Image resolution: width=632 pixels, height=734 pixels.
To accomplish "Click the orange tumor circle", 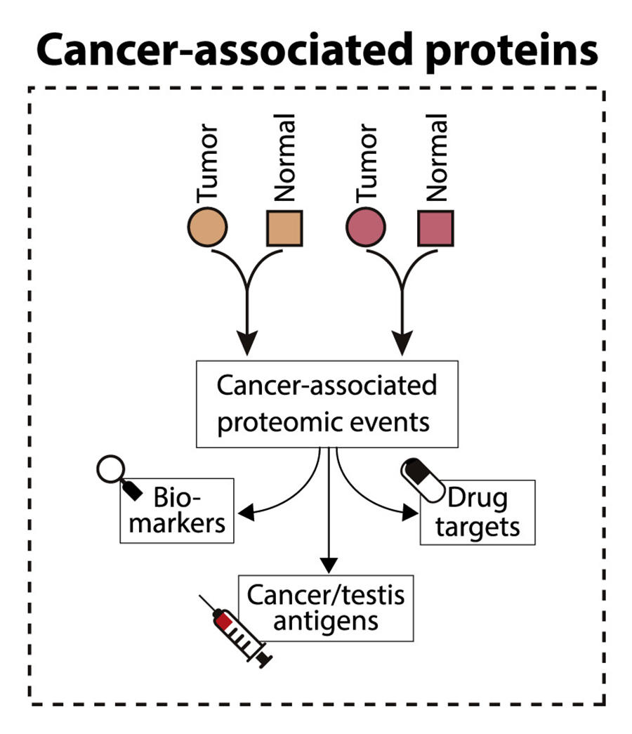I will click(x=208, y=228).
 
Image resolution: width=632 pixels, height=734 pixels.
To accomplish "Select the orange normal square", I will click(x=284, y=228).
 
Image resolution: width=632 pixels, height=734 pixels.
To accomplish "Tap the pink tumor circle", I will click(x=367, y=228).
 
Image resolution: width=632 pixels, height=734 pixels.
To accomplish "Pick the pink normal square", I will click(x=435, y=228).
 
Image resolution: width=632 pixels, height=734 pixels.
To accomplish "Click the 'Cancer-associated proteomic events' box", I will click(x=327, y=404).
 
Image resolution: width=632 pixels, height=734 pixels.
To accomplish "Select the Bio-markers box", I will click(x=176, y=511).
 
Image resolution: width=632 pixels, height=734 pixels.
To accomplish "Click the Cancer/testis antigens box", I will click(x=326, y=608).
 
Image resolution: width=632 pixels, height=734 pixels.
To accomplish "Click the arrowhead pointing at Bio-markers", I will click(x=242, y=512).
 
